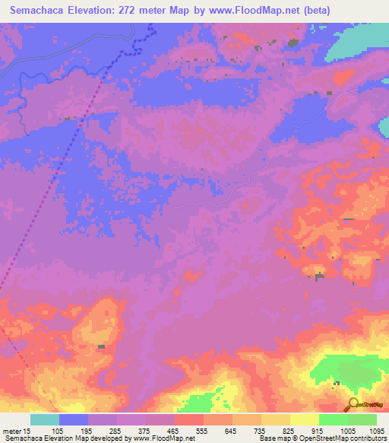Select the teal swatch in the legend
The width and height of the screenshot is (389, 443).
click(45, 419)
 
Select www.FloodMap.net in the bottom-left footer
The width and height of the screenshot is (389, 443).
click(161, 439)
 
